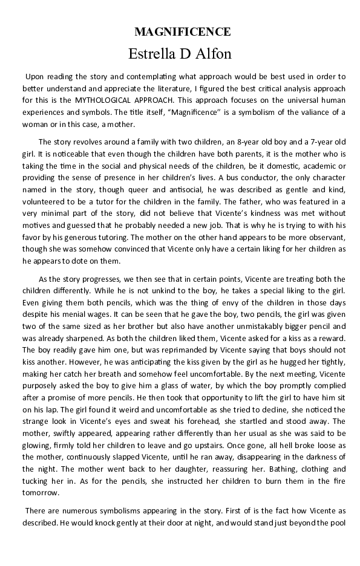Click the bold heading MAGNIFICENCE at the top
[x=182, y=32]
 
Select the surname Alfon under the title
[x=215, y=53]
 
